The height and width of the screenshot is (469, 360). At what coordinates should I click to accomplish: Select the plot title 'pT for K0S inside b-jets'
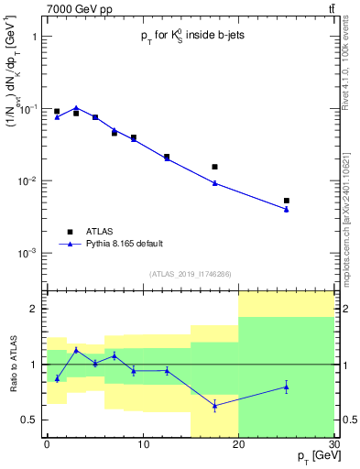click(x=190, y=36)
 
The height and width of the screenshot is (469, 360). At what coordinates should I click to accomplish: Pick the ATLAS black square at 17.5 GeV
click(x=214, y=167)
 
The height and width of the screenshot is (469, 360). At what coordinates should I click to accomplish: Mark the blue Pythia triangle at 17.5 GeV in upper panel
click(x=214, y=183)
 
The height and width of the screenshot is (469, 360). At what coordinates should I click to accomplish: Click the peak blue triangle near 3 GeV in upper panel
click(x=76, y=107)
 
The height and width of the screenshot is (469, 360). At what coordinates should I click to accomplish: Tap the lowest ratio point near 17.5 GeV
click(x=214, y=405)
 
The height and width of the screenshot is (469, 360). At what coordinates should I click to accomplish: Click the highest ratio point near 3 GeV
click(x=76, y=349)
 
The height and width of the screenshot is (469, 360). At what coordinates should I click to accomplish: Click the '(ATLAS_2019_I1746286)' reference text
click(x=190, y=274)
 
